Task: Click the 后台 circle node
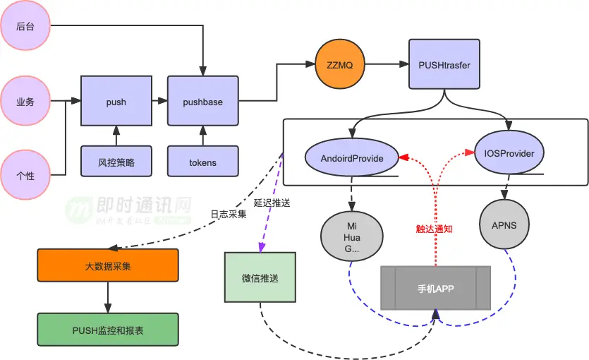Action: tap(25, 26)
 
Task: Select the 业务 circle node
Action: tap(25, 102)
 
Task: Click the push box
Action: tap(116, 102)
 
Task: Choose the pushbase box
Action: tap(203, 102)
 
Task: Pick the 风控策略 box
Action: tap(116, 162)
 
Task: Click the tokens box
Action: tap(203, 162)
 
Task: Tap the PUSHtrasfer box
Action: tap(442, 66)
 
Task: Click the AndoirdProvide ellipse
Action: tap(351, 158)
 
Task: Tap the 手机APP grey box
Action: tap(435, 288)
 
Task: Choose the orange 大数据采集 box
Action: tap(107, 267)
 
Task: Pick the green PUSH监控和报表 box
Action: tap(107, 330)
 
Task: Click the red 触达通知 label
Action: tap(434, 229)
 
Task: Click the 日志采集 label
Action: tap(228, 214)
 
